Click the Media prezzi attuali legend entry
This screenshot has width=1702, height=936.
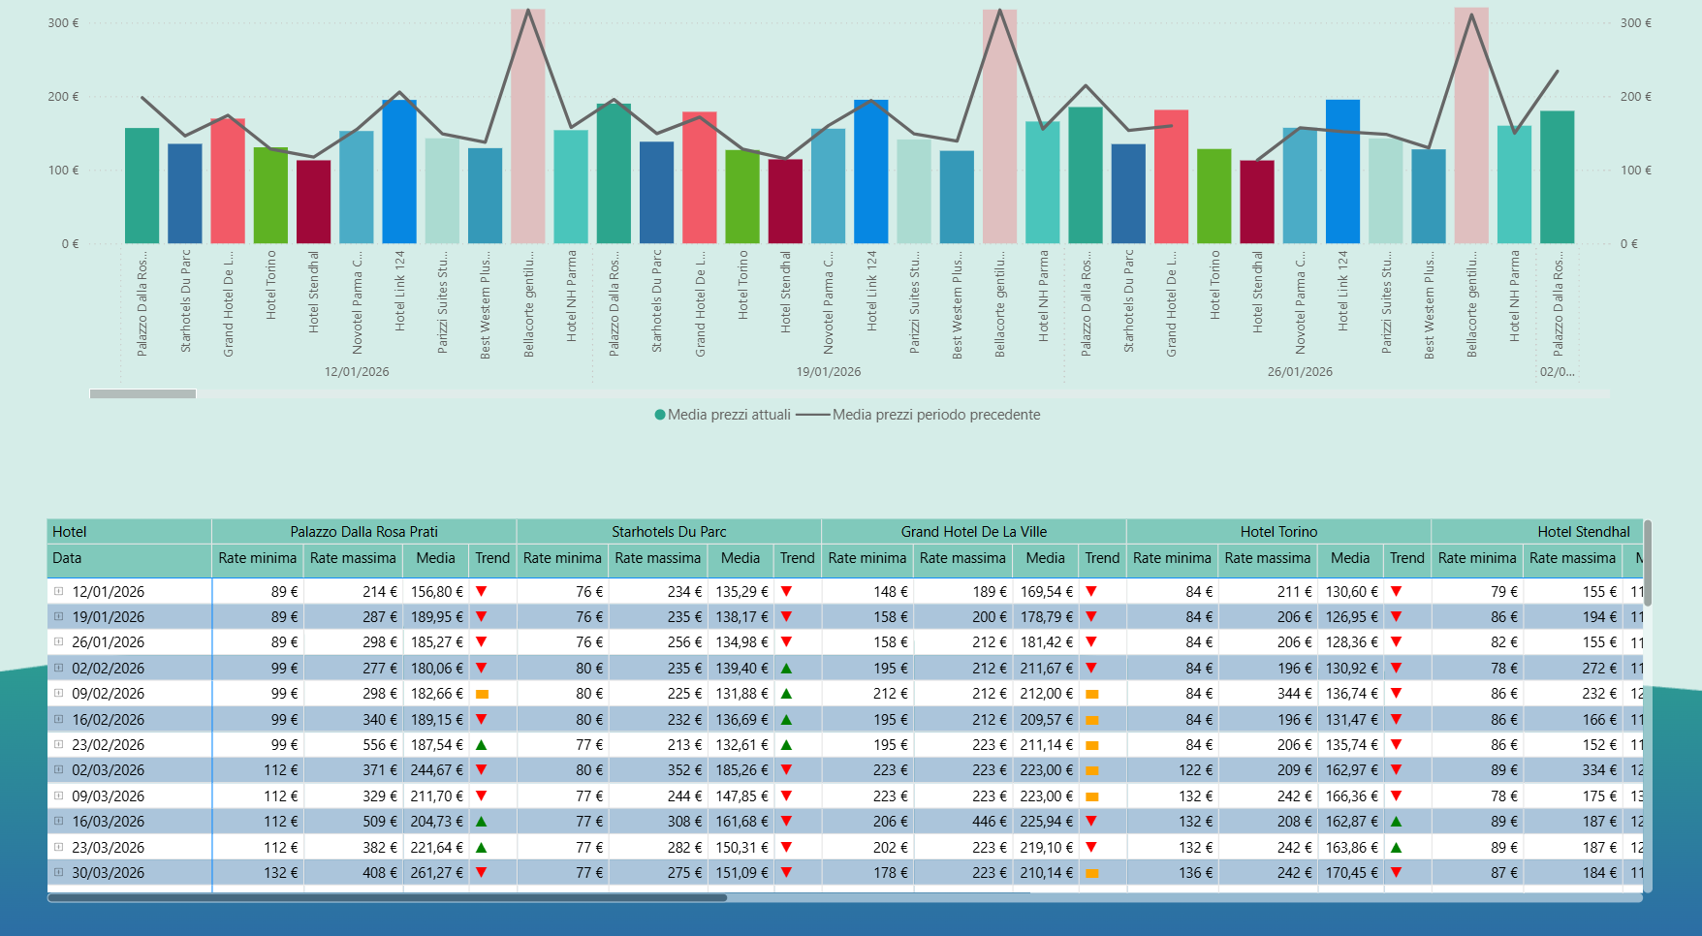[x=723, y=415]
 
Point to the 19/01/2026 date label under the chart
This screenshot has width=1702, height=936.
[x=828, y=372]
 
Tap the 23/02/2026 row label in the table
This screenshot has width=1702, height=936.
[x=108, y=745]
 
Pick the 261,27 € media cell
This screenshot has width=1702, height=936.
[x=436, y=873]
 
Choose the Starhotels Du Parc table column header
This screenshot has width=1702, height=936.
[x=669, y=532]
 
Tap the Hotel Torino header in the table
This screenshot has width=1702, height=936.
[x=1278, y=532]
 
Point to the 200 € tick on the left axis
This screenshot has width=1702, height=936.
[x=63, y=97]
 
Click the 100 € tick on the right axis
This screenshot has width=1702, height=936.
[x=1636, y=171]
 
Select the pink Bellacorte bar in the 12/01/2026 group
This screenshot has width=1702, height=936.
[x=528, y=126]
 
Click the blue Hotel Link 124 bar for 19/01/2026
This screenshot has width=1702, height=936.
[x=870, y=172]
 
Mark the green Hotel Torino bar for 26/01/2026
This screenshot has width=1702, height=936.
[x=1213, y=196]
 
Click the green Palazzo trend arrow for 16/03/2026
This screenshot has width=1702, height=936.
[x=482, y=822]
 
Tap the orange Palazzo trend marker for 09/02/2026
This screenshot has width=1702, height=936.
[x=482, y=695]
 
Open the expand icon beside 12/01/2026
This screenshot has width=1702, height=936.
[x=59, y=591]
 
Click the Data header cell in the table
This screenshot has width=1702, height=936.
[x=68, y=558]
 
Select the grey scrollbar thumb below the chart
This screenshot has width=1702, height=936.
[x=142, y=394]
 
